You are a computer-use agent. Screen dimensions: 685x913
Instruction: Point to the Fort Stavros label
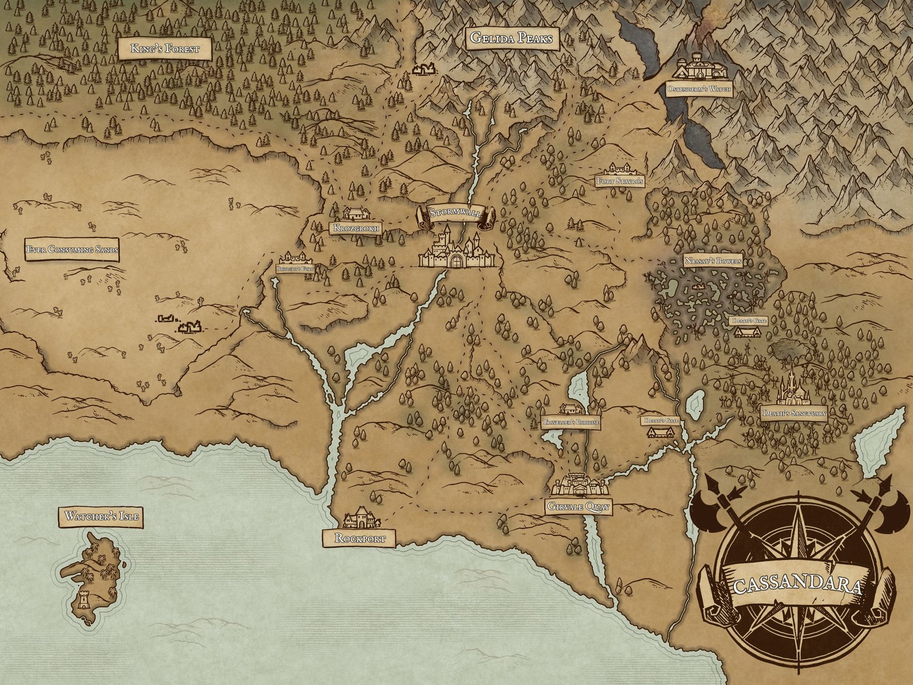pyautogui.click(x=620, y=181)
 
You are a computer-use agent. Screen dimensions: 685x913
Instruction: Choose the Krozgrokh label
pyautogui.click(x=357, y=228)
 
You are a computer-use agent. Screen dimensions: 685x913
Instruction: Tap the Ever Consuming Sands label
pyautogui.click(x=72, y=250)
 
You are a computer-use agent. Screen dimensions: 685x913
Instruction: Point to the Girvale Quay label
pyautogui.click(x=579, y=506)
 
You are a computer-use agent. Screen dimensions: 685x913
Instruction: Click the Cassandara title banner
pyautogui.click(x=797, y=587)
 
